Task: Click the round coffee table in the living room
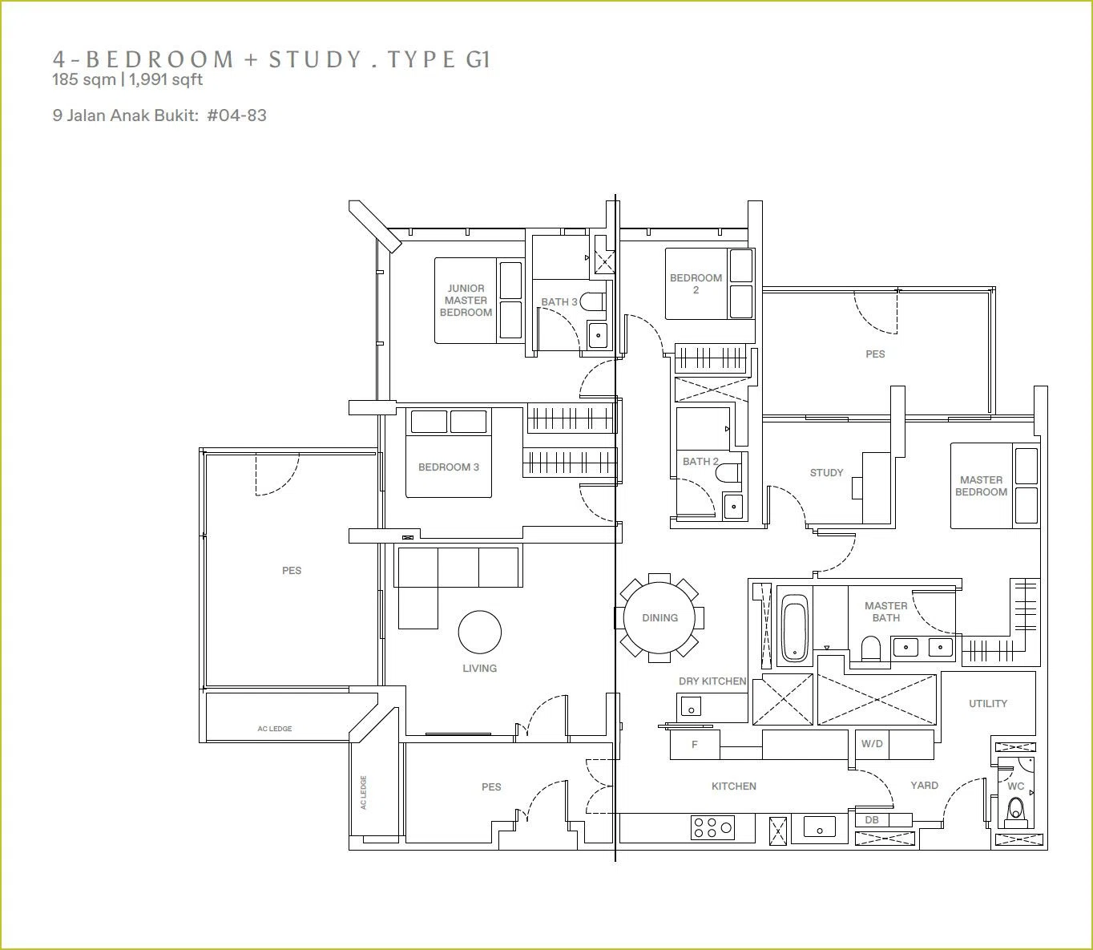(480, 632)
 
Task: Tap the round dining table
(659, 617)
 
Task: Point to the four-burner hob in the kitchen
(712, 827)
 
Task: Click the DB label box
(872, 819)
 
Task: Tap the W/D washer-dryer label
(872, 744)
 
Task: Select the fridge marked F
(695, 744)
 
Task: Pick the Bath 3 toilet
(592, 301)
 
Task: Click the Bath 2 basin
(733, 505)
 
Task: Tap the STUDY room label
(826, 473)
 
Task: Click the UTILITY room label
(988, 704)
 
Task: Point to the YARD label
(924, 785)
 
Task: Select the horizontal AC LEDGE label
(275, 728)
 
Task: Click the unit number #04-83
(236, 115)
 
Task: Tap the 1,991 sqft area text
(166, 79)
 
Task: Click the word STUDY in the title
(316, 59)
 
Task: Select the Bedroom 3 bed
(449, 454)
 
